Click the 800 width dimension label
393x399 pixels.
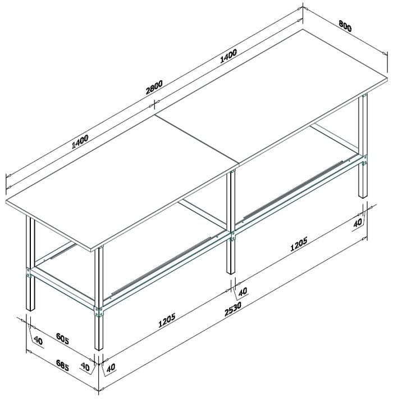click(x=345, y=27)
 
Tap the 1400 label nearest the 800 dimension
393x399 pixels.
click(x=229, y=57)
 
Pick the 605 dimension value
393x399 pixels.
click(x=63, y=340)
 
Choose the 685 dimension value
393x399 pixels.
click(x=62, y=367)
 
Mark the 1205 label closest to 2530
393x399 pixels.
click(x=167, y=320)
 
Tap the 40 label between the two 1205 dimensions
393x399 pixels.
click(x=242, y=292)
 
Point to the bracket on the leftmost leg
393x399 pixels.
click(x=28, y=273)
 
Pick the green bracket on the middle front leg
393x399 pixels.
click(x=233, y=235)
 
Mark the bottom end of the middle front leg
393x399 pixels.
click(x=231, y=273)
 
